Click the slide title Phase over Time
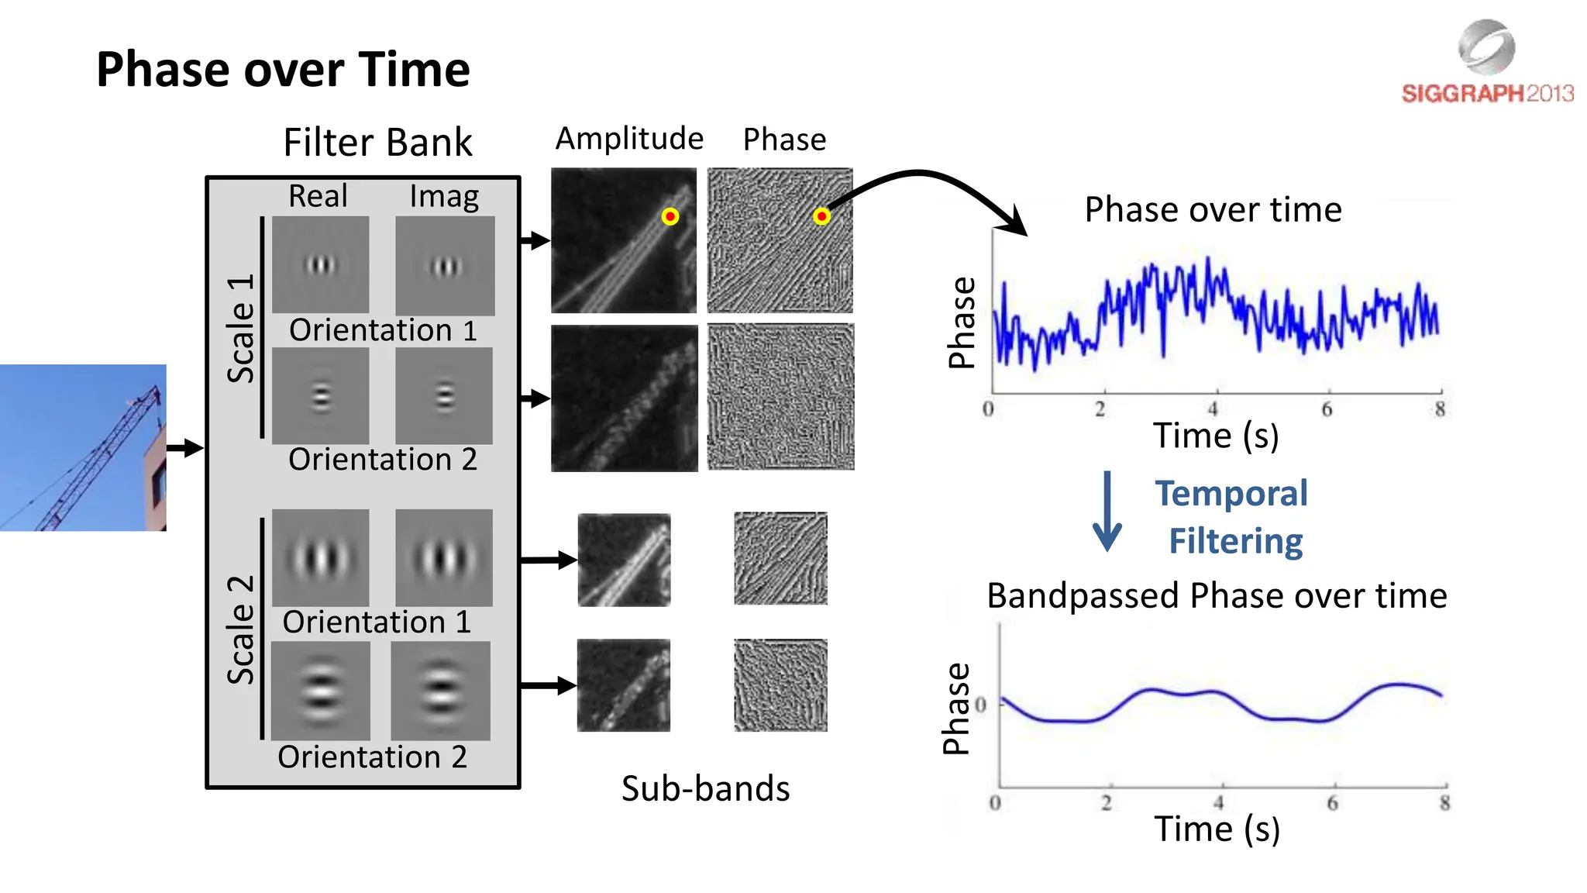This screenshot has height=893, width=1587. coord(283,70)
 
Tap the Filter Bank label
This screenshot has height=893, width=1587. coord(377,143)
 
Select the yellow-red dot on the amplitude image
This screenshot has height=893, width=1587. coord(670,216)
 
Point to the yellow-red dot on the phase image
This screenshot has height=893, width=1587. coord(821,216)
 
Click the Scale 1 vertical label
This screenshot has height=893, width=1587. coord(241,328)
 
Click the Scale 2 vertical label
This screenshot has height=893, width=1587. coord(241,629)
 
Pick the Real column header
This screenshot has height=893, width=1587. coord(318,196)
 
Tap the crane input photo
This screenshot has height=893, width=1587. coord(83,447)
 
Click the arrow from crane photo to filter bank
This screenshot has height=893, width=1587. coord(184,447)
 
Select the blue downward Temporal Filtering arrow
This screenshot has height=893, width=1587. coord(1107,512)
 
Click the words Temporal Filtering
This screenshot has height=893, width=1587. coord(1232,517)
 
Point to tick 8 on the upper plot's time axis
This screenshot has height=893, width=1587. coord(1440,409)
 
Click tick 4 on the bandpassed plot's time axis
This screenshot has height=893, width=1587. coord(1219,802)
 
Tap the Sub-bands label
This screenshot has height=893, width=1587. coord(705,788)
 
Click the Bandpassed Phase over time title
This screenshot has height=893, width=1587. coord(1217,596)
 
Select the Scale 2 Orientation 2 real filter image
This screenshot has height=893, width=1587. coord(321,690)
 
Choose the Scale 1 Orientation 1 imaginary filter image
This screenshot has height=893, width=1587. coord(445,265)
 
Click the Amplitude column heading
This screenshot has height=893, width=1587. coord(629,139)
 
